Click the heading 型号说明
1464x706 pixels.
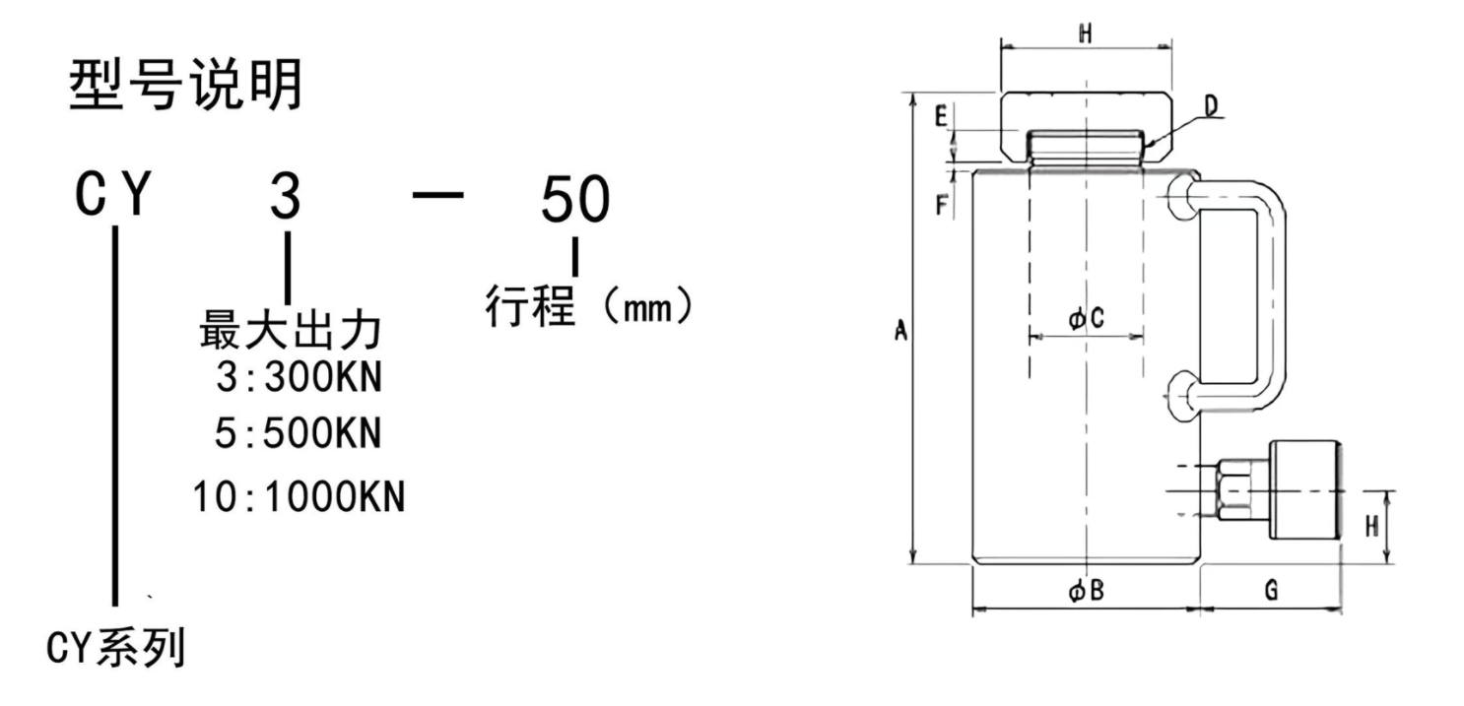[185, 87]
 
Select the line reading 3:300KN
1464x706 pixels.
[298, 378]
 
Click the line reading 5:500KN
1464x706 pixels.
[298, 433]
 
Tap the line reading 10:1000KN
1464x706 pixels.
[299, 496]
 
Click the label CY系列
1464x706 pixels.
[116, 648]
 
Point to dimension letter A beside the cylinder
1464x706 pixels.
[899, 332]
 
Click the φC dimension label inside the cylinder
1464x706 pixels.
[1086, 318]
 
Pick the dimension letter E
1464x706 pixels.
[941, 117]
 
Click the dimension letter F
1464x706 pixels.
[941, 205]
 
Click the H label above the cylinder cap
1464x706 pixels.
[1085, 34]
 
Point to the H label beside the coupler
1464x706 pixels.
[1370, 527]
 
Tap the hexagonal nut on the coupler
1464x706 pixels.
[1234, 490]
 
